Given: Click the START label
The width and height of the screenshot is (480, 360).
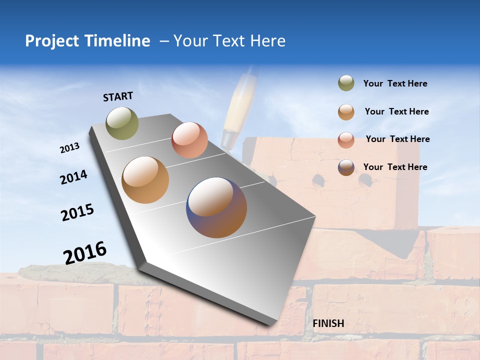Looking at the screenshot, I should point(118,96).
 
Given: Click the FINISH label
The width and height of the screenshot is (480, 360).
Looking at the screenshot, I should point(328,323).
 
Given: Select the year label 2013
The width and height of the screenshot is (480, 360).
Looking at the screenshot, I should point(70,148).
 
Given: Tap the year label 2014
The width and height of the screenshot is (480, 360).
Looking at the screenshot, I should point(74,177).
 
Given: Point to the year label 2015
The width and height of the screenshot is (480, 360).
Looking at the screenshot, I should point(77,212).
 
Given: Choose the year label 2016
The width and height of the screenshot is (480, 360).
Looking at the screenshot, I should point(85,252).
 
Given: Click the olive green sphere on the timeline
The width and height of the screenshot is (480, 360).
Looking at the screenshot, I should point(122,123).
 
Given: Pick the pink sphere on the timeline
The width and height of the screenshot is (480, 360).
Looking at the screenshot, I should point(189,140).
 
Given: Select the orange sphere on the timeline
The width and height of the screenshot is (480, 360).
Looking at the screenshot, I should point(145,180).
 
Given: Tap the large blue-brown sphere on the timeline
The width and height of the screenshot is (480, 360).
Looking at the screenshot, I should point(216,207).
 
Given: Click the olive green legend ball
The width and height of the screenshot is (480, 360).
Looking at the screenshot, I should point(346,83).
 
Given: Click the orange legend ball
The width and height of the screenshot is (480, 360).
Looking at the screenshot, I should point(346,112).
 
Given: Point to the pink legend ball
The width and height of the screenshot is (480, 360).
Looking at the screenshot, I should point(346,140).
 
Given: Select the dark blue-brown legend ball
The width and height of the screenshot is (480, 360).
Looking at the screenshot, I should point(346,167).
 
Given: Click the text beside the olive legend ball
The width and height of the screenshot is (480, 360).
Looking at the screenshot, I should point(395,84).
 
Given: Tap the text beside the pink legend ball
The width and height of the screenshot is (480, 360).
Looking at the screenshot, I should point(397,139).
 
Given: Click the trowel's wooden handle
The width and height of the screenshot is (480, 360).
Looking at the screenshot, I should point(239,105).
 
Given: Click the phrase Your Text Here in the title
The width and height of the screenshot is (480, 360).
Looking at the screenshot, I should point(229,41).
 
